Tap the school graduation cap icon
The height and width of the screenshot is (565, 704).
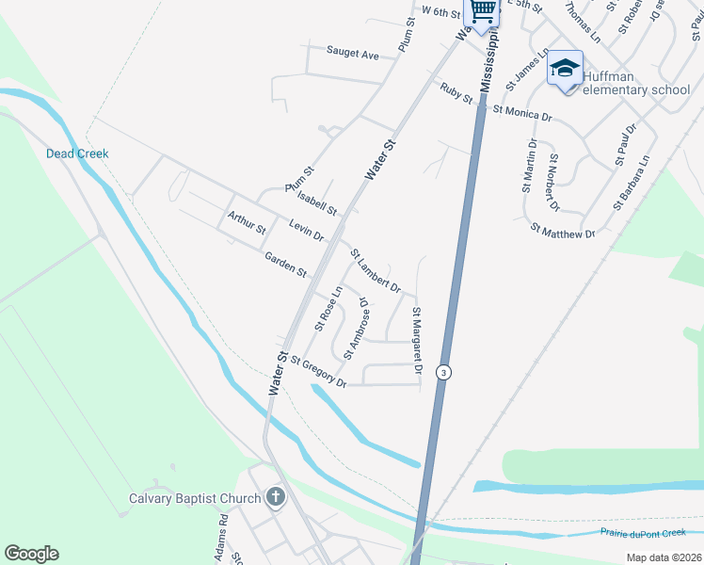coord(565,69)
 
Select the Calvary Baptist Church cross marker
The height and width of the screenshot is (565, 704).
coord(275,497)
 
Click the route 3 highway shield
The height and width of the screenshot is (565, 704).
coord(442,372)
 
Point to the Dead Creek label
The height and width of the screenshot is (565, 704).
coord(77,153)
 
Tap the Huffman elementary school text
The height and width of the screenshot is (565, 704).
coord(636,83)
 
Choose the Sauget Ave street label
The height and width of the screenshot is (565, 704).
coord(352,54)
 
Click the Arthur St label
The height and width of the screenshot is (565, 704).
coord(247,223)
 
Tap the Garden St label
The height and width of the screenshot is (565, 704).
coord(286,265)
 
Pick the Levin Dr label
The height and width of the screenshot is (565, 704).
coord(306,230)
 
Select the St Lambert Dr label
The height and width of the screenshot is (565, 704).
coord(376,270)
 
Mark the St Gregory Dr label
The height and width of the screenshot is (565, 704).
coord(318,371)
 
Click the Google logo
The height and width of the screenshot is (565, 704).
coord(31,554)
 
